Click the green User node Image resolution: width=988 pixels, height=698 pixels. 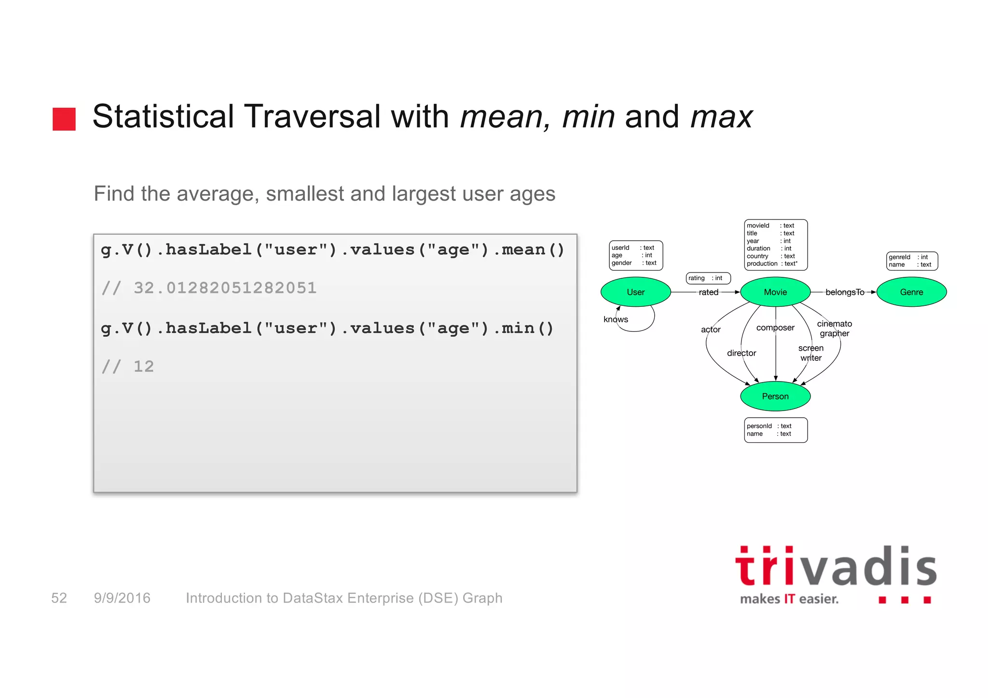pyautogui.click(x=635, y=292)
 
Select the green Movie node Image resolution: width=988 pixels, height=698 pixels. pyautogui.click(x=775, y=292)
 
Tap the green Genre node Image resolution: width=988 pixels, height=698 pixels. pyautogui.click(x=911, y=292)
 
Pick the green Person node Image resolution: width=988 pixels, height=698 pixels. pyautogui.click(x=775, y=396)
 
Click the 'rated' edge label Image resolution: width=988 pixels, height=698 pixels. pyautogui.click(x=708, y=292)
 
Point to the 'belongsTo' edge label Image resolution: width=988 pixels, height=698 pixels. pyautogui.click(x=844, y=292)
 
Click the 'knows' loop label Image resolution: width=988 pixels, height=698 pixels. pyautogui.click(x=616, y=319)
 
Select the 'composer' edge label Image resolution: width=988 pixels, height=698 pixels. pyautogui.click(x=775, y=328)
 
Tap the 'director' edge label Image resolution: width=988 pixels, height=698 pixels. pyautogui.click(x=741, y=353)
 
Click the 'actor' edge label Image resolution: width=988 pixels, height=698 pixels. pyautogui.click(x=710, y=329)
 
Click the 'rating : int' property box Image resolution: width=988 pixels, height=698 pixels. pyautogui.click(x=708, y=278)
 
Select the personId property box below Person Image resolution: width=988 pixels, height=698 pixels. pyautogui.click(x=775, y=430)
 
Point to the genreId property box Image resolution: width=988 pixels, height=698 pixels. pyautogui.click(x=911, y=261)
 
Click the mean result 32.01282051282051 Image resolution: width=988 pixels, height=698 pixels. pyautogui.click(x=225, y=288)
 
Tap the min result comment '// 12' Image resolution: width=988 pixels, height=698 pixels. pyautogui.click(x=128, y=367)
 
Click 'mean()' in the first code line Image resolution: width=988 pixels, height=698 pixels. pyautogui.click(x=533, y=250)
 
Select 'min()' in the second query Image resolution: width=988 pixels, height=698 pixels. pyautogui.click(x=527, y=328)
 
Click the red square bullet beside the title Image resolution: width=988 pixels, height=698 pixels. pyautogui.click(x=64, y=119)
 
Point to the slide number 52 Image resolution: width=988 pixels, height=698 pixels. pyautogui.click(x=59, y=598)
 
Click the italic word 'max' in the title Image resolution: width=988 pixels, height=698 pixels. pyautogui.click(x=721, y=117)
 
